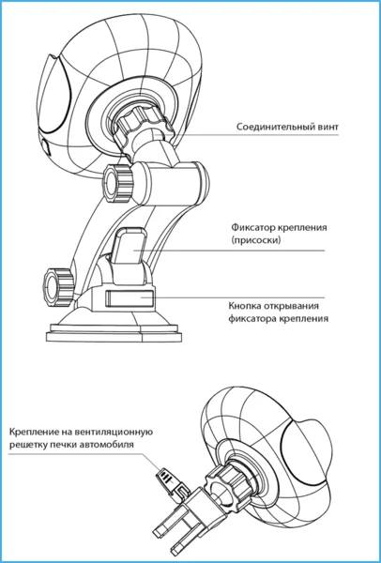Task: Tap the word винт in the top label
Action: [330, 127]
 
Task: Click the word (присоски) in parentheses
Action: [255, 240]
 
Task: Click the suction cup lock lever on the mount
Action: [130, 246]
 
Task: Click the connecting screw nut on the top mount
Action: [142, 122]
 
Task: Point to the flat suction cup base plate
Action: [114, 333]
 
